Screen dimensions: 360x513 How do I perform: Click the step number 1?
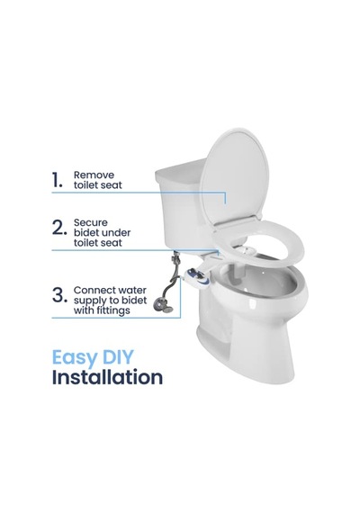[57, 181]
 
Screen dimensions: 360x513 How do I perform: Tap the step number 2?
[59, 228]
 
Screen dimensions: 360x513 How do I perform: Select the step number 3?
[60, 295]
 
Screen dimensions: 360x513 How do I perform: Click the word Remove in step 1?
[94, 175]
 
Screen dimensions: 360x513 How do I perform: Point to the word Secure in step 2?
[91, 222]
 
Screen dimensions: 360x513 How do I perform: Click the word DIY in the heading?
[117, 356]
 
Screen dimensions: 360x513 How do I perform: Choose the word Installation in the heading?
[107, 377]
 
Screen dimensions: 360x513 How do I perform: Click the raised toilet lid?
[234, 176]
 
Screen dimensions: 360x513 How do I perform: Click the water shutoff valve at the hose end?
[163, 306]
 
